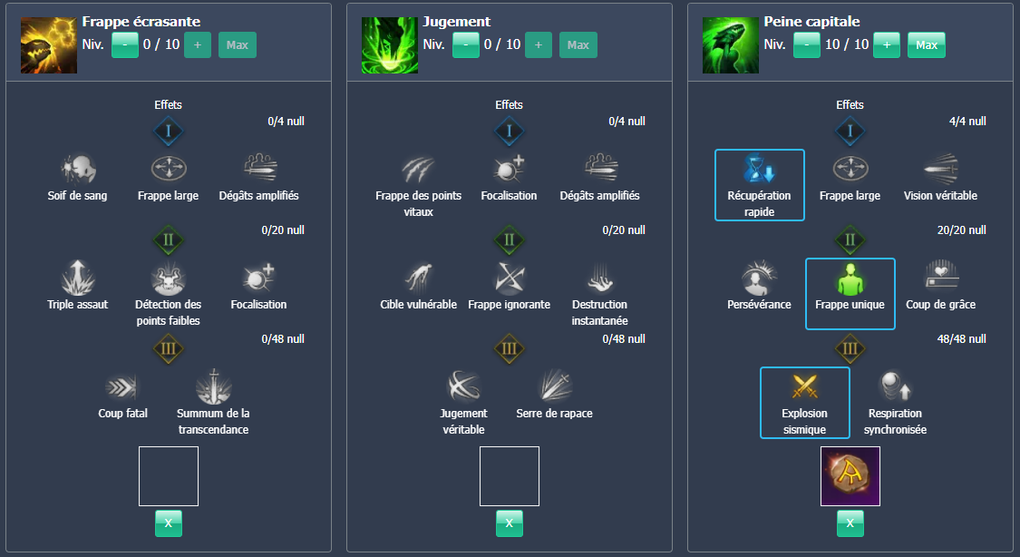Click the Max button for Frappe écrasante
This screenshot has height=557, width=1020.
click(x=238, y=44)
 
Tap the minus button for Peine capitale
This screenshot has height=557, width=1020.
click(x=807, y=44)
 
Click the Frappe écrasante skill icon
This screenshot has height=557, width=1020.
click(x=48, y=45)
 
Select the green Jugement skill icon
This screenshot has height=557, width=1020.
click(x=389, y=45)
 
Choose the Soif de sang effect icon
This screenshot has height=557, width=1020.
click(x=77, y=169)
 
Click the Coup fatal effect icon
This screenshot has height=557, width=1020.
click(x=122, y=387)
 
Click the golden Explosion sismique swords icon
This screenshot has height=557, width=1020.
click(x=804, y=387)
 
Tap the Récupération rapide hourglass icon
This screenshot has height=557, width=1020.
click(x=759, y=171)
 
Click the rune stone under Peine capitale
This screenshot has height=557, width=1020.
click(x=850, y=476)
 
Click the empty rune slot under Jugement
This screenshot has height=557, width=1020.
click(x=509, y=476)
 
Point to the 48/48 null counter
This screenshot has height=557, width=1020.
click(x=961, y=339)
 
